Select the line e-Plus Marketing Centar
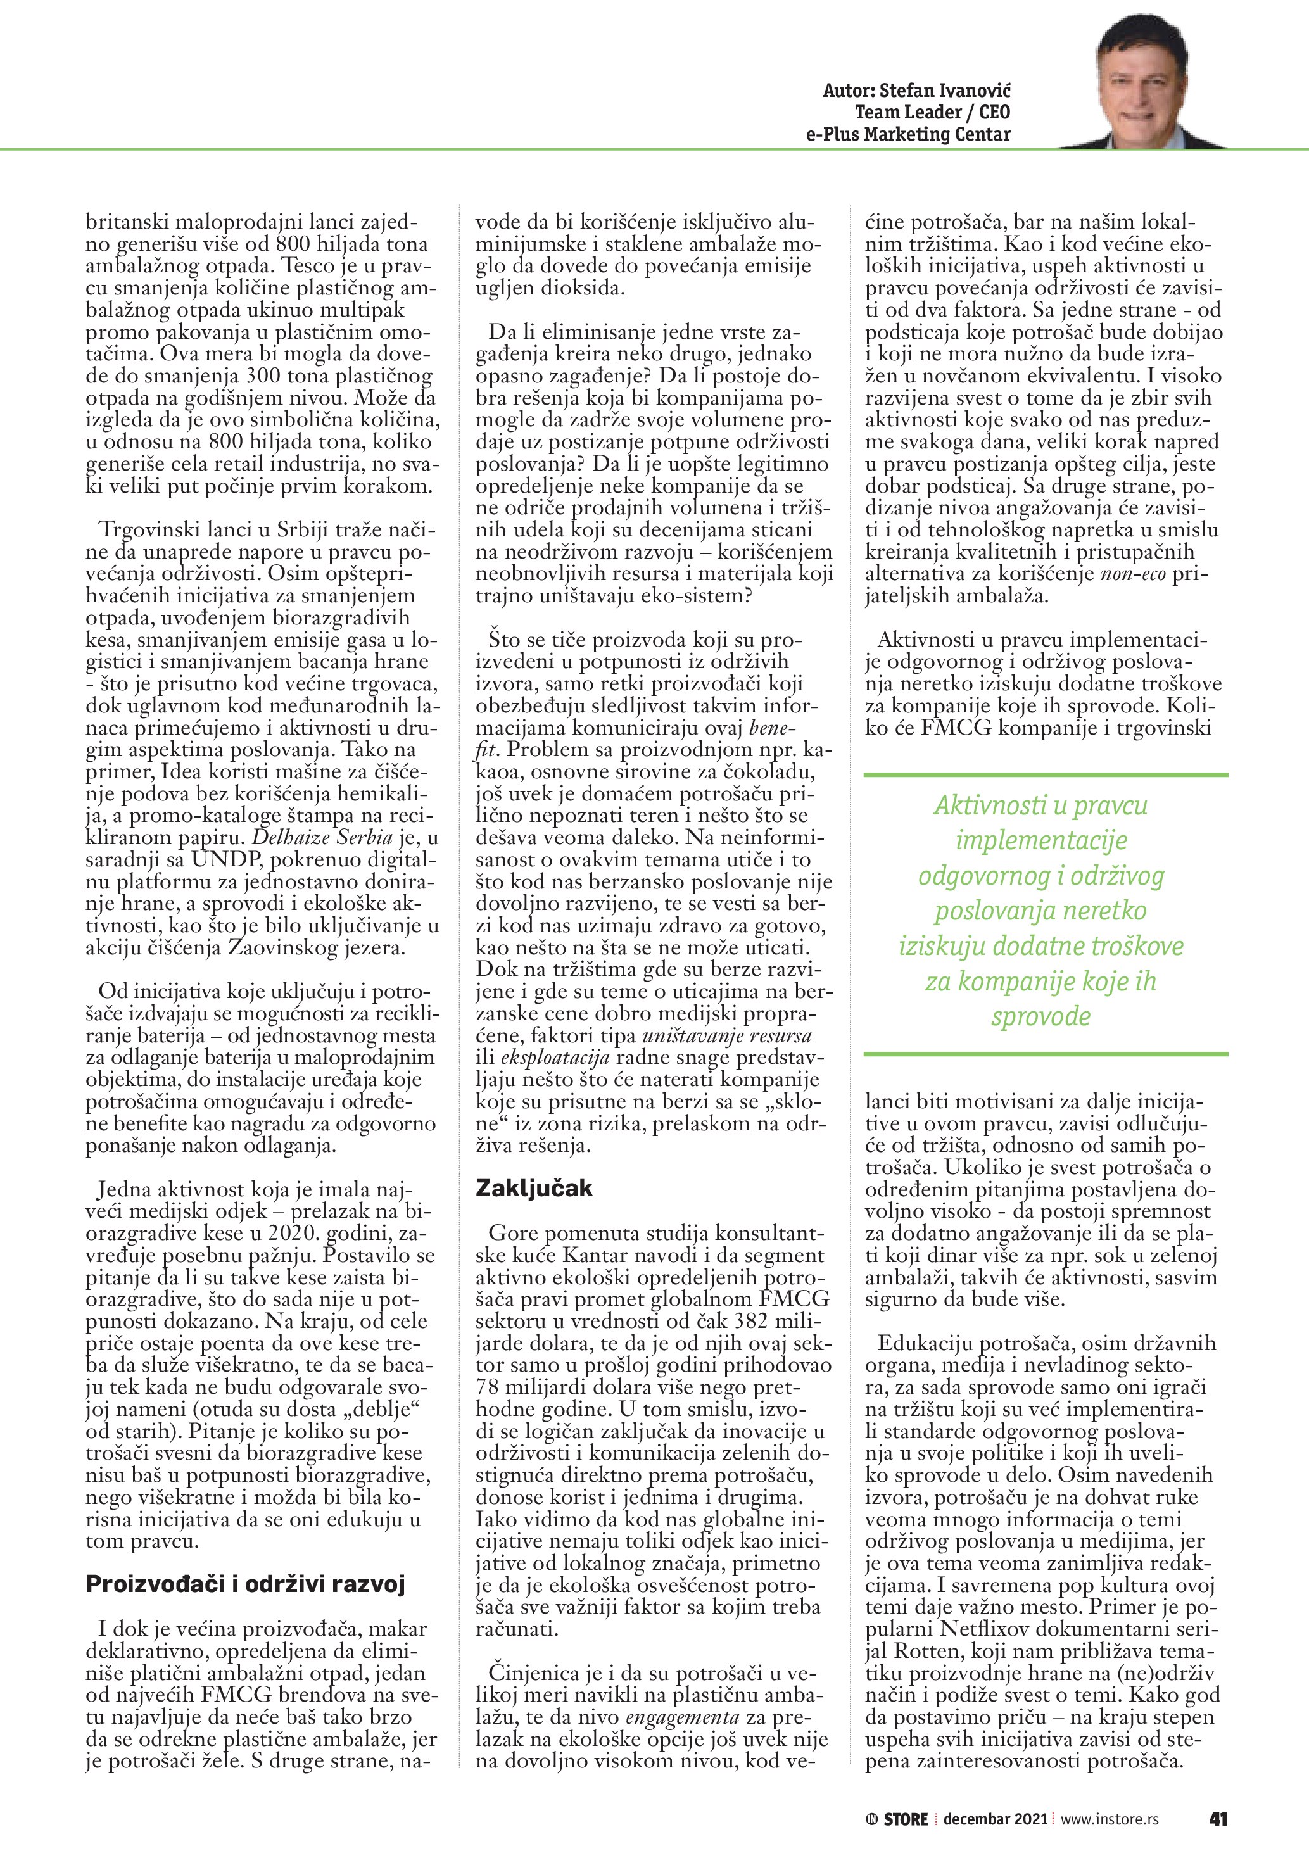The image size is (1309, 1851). click(907, 135)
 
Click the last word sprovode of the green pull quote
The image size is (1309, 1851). click(1040, 1016)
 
